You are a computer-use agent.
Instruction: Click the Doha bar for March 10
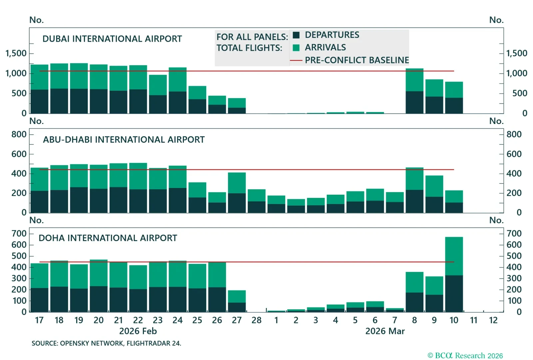(x=454, y=275)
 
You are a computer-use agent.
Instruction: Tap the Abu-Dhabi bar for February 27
(x=237, y=193)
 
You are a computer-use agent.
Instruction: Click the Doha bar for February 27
(x=237, y=301)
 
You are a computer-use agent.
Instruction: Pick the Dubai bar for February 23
(x=158, y=94)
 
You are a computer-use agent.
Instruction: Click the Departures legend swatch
(x=296, y=35)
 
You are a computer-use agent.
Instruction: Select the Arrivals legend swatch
(x=296, y=48)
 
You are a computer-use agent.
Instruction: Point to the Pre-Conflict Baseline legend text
(x=357, y=60)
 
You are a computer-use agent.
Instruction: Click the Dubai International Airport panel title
(x=112, y=39)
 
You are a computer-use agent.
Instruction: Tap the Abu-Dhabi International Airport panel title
(x=124, y=140)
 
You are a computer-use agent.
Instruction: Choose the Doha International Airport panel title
(x=108, y=238)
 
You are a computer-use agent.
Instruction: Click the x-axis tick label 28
(x=257, y=320)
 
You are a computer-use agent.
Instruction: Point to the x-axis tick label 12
(x=493, y=320)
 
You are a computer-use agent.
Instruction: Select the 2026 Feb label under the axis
(x=138, y=331)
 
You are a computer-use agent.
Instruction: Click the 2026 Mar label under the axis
(x=385, y=331)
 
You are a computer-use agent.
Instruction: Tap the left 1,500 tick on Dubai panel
(x=16, y=53)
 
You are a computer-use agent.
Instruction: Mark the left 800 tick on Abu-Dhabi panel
(x=19, y=134)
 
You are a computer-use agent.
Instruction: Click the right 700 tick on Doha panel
(x=514, y=233)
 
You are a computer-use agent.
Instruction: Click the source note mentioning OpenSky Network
(x=106, y=343)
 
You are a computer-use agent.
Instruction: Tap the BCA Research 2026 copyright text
(x=465, y=356)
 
